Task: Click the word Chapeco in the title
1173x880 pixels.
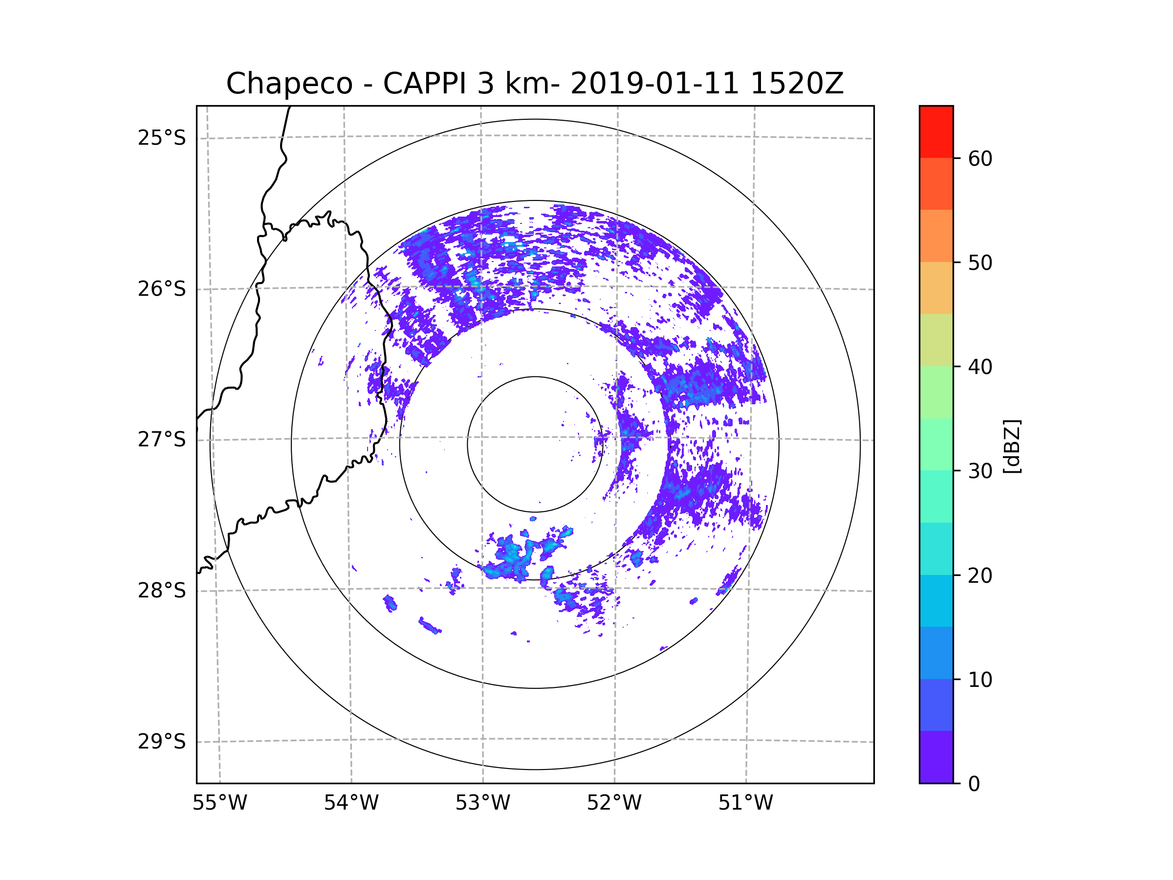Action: (289, 84)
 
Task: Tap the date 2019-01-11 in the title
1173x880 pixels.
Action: (654, 84)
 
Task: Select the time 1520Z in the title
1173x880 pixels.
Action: (797, 84)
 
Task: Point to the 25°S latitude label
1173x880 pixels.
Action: (162, 138)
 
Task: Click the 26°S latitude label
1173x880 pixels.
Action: (162, 289)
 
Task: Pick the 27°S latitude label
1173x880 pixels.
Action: (162, 440)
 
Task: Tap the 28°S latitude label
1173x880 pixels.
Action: (162, 591)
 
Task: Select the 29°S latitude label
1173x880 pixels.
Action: (162, 742)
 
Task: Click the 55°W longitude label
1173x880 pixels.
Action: (219, 803)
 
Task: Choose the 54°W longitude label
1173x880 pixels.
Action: (351, 803)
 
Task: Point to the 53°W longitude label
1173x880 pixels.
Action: (482, 803)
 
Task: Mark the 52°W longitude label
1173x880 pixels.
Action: (614, 803)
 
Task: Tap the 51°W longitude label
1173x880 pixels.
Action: (745, 803)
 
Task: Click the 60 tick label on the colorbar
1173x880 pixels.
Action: (980, 158)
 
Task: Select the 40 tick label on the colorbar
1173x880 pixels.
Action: (980, 367)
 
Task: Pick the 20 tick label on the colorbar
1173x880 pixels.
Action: (980, 575)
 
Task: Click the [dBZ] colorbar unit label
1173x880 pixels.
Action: (1012, 446)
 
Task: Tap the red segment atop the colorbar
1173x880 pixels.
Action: (936, 132)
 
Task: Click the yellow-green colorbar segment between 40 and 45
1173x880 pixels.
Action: (936, 340)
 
